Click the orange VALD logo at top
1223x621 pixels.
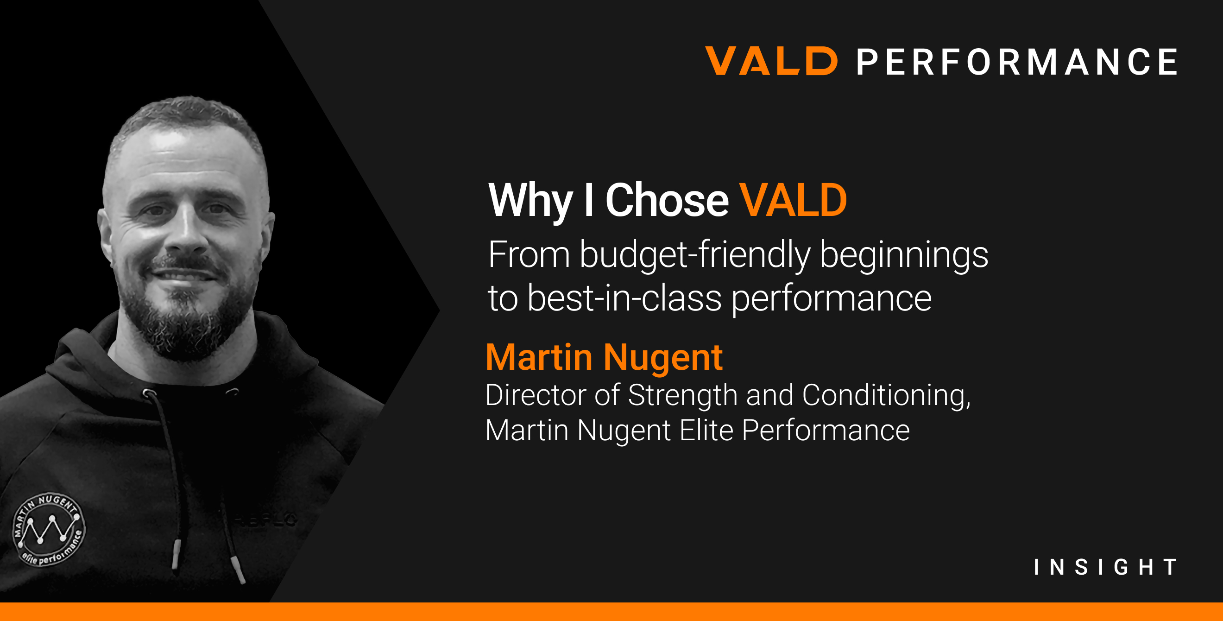click(771, 61)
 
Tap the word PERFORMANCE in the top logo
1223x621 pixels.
click(1016, 62)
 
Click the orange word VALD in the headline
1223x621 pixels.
click(793, 200)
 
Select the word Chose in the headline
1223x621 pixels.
click(667, 200)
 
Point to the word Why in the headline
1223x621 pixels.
click(530, 201)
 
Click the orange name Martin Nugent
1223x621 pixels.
click(604, 357)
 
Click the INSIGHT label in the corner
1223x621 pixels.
click(1105, 567)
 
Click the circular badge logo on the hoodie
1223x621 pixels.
click(49, 529)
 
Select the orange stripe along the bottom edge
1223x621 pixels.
click(611, 612)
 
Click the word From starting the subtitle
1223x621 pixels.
click(529, 255)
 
